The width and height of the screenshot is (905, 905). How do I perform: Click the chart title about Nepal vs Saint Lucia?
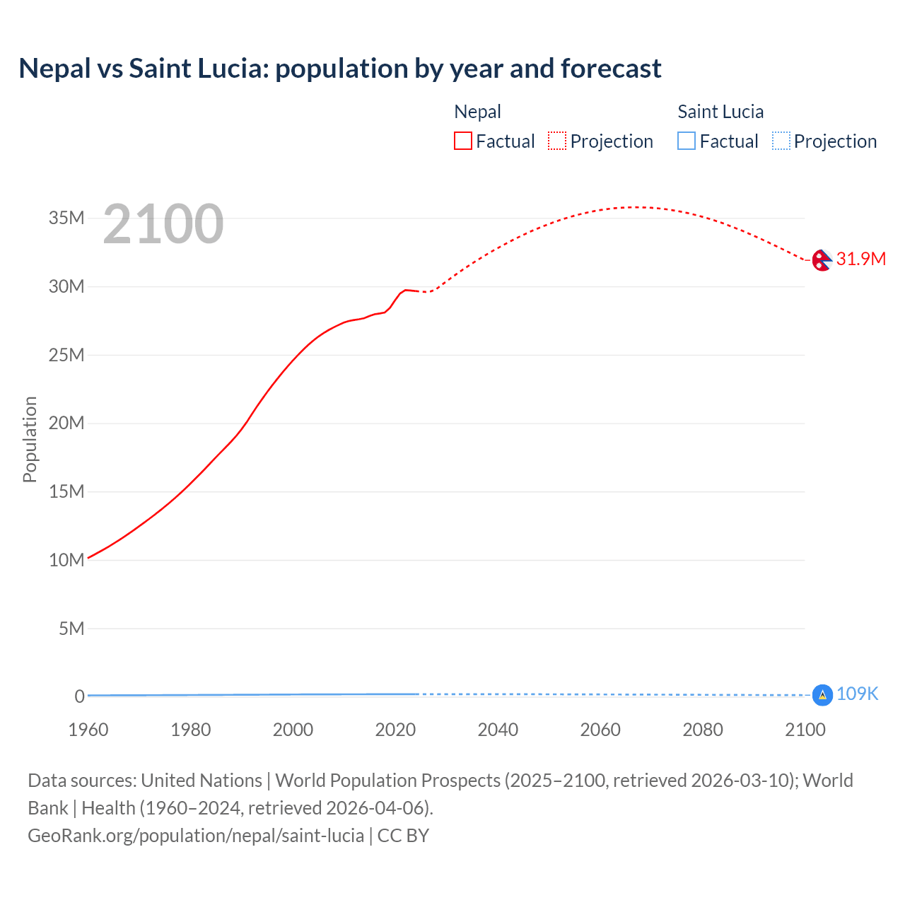pyautogui.click(x=339, y=69)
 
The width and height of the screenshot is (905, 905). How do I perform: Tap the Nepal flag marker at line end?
pyautogui.click(x=822, y=260)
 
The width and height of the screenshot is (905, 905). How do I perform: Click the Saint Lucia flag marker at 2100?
pyautogui.click(x=822, y=695)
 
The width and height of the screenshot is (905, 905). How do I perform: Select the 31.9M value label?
pyautogui.click(x=860, y=259)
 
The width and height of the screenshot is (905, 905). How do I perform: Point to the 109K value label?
pyautogui.click(x=857, y=694)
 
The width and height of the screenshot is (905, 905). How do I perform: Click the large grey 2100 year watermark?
pyautogui.click(x=163, y=224)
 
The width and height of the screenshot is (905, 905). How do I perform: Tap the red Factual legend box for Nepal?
pyautogui.click(x=462, y=141)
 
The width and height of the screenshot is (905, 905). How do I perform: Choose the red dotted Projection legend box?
pyautogui.click(x=557, y=141)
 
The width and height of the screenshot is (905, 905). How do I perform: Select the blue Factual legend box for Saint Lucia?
pyautogui.click(x=686, y=141)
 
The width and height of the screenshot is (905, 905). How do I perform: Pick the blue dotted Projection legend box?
pyautogui.click(x=781, y=141)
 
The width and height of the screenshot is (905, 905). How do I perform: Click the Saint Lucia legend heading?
pyautogui.click(x=720, y=112)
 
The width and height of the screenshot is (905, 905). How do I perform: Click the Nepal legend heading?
pyautogui.click(x=477, y=112)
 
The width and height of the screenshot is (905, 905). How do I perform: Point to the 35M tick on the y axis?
pyautogui.click(x=66, y=218)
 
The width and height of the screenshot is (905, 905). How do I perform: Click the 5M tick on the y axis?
pyautogui.click(x=71, y=629)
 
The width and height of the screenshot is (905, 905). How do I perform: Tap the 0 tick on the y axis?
pyautogui.click(x=79, y=696)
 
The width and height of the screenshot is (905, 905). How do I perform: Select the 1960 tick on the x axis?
pyautogui.click(x=88, y=730)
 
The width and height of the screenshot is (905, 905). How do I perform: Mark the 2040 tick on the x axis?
pyautogui.click(x=498, y=730)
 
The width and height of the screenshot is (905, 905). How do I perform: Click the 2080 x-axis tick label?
pyautogui.click(x=703, y=730)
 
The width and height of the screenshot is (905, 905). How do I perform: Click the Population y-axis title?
pyautogui.click(x=30, y=439)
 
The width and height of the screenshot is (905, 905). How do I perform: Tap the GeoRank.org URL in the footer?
pyautogui.click(x=196, y=836)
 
